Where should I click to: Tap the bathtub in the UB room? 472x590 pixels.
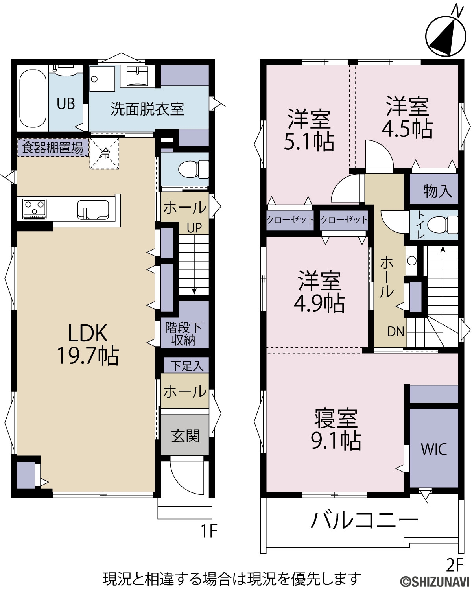click(x=33, y=98)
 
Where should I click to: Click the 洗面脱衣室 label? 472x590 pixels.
click(x=147, y=109)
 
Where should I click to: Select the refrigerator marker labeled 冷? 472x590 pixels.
click(x=104, y=153)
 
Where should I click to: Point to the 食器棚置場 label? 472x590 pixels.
click(x=53, y=147)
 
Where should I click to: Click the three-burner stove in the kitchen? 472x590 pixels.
click(x=35, y=209)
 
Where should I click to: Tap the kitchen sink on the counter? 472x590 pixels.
click(x=93, y=210)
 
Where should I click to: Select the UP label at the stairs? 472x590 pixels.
click(x=194, y=228)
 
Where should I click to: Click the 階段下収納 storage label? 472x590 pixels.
click(x=183, y=334)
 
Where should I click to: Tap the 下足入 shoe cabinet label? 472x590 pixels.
click(x=187, y=366)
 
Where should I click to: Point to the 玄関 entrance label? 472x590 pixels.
click(x=185, y=435)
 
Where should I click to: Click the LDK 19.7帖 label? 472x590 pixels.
click(x=88, y=344)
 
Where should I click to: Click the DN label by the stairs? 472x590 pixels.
click(x=396, y=332)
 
